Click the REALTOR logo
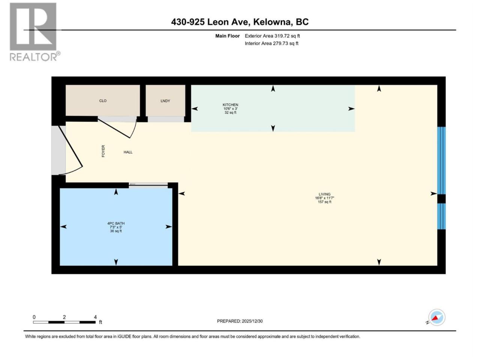(x=34, y=32)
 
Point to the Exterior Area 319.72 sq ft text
(x=272, y=36)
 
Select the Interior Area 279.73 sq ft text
(x=271, y=43)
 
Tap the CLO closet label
(x=103, y=101)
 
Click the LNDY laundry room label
(x=165, y=101)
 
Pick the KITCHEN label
(x=230, y=105)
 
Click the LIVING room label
(x=324, y=194)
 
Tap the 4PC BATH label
(x=116, y=223)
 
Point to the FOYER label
(x=103, y=151)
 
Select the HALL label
(x=128, y=152)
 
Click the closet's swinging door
(x=117, y=129)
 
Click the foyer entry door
(x=70, y=150)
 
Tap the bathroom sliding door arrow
(x=133, y=184)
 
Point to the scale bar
(x=64, y=322)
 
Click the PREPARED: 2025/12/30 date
(x=240, y=321)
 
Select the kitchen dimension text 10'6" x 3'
(x=230, y=109)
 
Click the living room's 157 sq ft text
(x=324, y=202)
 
